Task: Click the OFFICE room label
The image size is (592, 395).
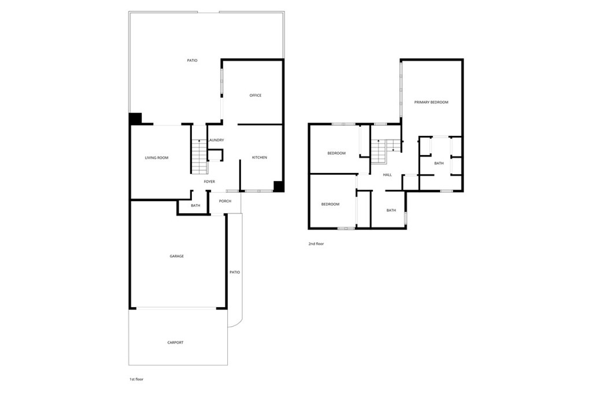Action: (256, 95)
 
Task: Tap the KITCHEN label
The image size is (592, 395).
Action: (259, 158)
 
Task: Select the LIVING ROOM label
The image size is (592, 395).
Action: (156, 158)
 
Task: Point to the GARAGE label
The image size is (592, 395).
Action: (176, 256)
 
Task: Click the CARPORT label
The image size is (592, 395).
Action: (175, 342)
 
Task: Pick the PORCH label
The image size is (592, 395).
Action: (225, 201)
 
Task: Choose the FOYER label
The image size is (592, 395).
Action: (209, 182)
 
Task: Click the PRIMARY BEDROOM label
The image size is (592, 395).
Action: (431, 102)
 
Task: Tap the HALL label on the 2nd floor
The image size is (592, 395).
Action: (387, 175)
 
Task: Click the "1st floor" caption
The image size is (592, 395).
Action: (136, 379)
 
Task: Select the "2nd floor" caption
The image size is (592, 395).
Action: (316, 244)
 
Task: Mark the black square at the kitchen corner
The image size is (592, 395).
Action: (278, 186)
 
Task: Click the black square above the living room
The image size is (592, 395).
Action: (135, 118)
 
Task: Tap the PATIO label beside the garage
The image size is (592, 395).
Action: (234, 272)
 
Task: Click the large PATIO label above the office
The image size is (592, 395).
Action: (193, 60)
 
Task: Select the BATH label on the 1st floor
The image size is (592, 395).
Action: (195, 205)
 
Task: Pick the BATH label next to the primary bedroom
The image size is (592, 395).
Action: (439, 164)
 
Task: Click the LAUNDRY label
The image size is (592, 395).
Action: (216, 141)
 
